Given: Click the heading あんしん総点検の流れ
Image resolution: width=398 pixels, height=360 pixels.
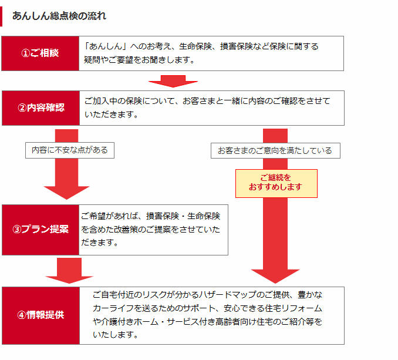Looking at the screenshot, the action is (59, 16).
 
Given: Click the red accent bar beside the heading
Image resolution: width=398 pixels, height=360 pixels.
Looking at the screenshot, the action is (1, 16).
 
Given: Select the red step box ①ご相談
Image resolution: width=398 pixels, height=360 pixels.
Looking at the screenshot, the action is (41, 53).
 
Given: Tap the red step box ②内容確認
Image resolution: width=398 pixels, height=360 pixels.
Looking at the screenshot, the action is (41, 108).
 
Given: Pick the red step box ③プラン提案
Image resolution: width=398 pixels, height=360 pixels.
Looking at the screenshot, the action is (41, 230).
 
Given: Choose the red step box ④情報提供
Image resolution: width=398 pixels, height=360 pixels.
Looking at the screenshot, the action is (41, 315).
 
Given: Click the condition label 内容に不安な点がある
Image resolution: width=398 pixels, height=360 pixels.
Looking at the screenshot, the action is (70, 150).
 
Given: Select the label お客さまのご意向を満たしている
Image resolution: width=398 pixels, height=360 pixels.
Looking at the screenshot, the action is (275, 151).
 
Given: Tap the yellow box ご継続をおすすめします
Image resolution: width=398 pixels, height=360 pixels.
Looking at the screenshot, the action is (276, 183).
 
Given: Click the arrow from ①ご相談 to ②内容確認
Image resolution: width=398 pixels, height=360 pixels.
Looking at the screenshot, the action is (173, 81).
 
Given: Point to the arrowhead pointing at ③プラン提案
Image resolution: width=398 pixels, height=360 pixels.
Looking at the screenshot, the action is (66, 193).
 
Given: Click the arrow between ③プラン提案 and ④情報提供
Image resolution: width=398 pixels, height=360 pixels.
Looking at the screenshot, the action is (69, 271).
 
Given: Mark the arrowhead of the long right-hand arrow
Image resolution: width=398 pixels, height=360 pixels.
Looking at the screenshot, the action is (275, 276).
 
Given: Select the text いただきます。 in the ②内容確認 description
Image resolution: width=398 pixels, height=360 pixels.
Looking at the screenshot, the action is (111, 115).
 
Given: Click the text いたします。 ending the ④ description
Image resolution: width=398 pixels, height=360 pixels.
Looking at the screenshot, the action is (116, 335).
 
